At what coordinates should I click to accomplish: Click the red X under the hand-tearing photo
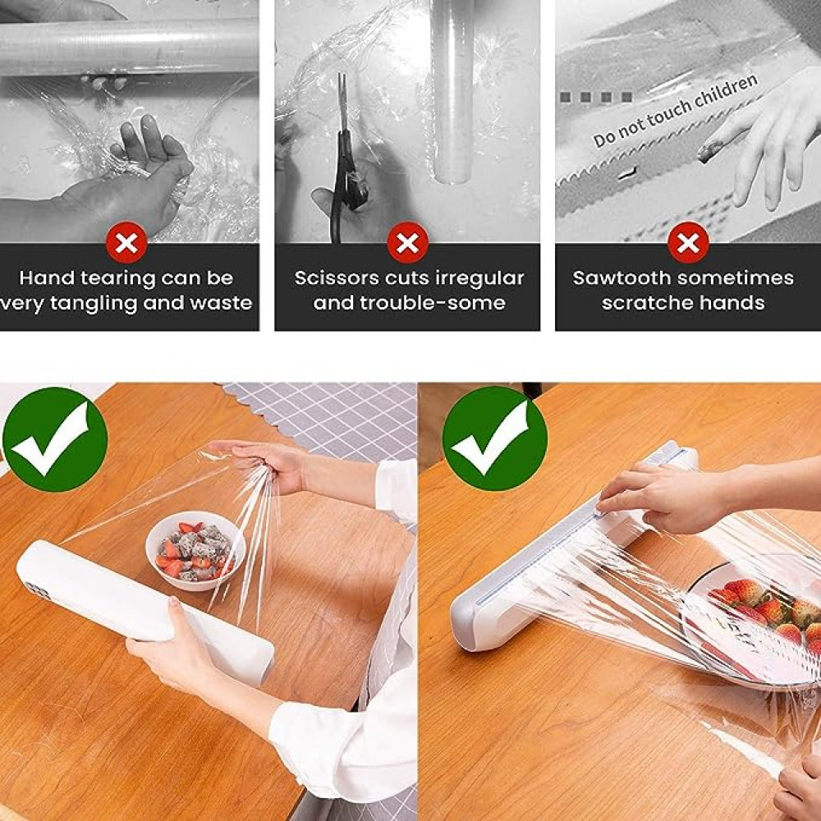(126, 242)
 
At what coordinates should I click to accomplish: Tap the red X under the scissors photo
(407, 242)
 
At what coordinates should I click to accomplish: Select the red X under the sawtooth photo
(688, 242)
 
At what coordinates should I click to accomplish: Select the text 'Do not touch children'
(676, 110)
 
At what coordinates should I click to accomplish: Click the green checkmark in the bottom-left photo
(55, 438)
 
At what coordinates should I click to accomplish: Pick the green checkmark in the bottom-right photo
(495, 438)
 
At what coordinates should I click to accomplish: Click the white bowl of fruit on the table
(195, 550)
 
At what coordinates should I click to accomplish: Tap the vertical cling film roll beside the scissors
(452, 92)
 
